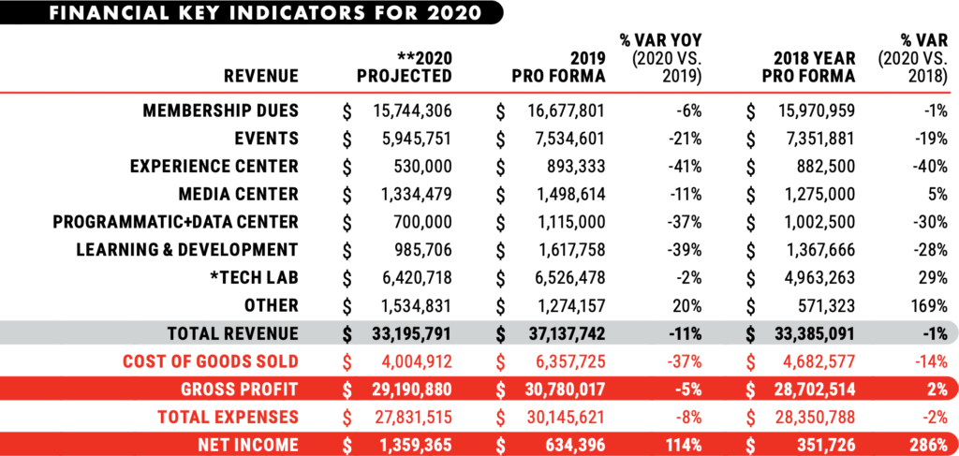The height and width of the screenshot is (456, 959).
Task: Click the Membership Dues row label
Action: pos(220,110)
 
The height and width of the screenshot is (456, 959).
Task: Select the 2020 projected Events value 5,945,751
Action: pos(412,139)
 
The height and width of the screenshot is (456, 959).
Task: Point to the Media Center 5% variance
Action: pos(928,195)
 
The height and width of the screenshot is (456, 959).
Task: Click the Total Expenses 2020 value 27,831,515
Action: pos(407,417)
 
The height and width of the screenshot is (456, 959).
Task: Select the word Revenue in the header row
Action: pos(261,75)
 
